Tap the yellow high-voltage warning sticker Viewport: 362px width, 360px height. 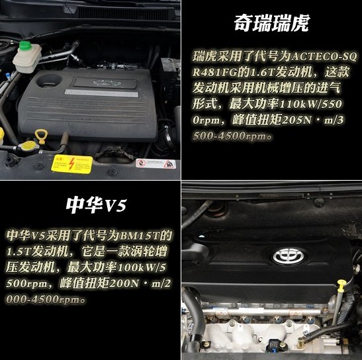[71, 164]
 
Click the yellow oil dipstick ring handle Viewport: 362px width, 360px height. [40, 136]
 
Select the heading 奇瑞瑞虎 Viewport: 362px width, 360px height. [271, 23]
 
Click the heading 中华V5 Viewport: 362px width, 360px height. [96, 205]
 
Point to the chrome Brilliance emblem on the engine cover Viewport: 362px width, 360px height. [289, 256]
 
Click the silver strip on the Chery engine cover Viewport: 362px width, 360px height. [101, 93]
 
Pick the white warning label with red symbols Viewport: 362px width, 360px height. [156, 163]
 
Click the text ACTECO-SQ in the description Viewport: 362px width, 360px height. [324, 56]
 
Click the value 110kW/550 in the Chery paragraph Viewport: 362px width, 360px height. [310, 105]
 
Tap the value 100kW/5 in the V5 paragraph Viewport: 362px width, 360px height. [142, 267]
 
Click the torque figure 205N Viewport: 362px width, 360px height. [296, 120]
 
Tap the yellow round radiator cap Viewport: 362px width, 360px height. [28, 148]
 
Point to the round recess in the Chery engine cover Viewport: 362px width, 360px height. [49, 81]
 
